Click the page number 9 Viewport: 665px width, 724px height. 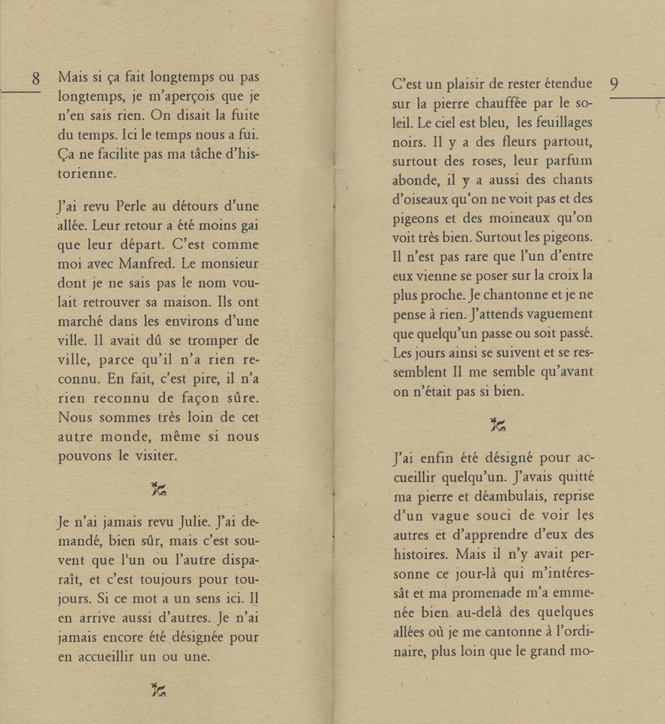[614, 85]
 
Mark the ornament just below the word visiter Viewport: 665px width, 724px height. [158, 489]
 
